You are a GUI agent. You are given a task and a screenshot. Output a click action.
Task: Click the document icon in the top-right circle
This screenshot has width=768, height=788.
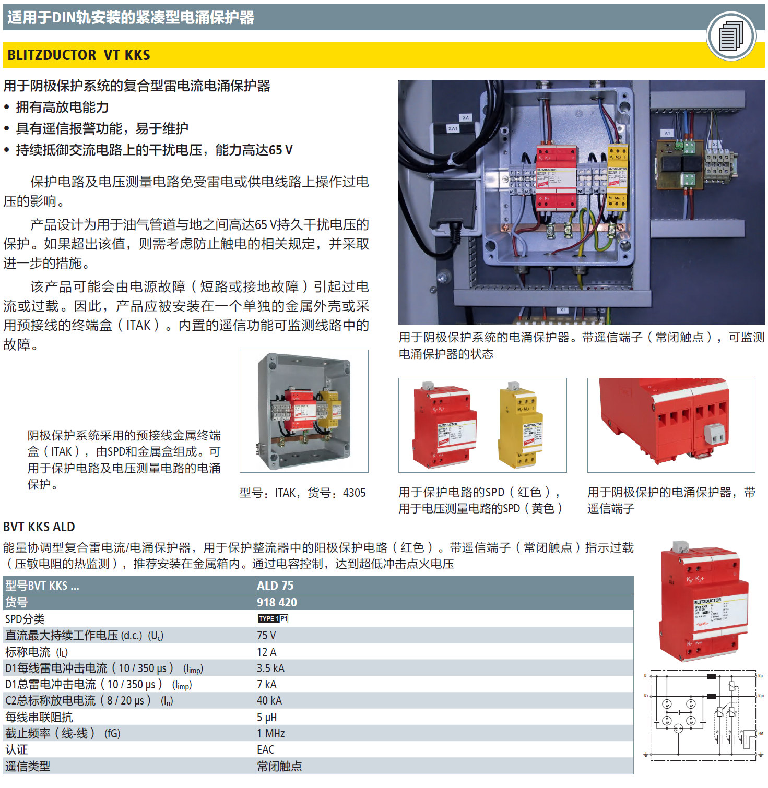click(731, 36)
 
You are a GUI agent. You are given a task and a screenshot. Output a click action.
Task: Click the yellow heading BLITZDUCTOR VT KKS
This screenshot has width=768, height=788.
click(79, 55)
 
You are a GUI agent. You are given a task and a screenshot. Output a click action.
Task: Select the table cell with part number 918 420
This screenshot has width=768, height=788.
click(277, 602)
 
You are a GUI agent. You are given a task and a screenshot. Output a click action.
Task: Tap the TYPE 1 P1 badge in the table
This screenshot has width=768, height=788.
click(273, 618)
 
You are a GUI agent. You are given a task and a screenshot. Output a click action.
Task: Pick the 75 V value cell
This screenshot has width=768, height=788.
click(266, 635)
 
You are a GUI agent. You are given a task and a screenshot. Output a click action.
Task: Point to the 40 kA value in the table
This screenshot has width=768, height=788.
click(269, 700)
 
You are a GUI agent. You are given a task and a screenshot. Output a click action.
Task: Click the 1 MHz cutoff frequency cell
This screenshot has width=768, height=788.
click(271, 733)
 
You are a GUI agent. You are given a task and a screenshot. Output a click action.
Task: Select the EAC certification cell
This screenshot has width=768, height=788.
click(266, 749)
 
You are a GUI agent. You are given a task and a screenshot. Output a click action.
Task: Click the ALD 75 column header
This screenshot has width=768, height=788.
click(275, 586)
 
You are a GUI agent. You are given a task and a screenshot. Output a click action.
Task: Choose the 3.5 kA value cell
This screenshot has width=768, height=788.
click(270, 668)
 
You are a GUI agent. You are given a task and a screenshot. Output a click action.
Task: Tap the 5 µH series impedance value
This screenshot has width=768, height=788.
click(267, 717)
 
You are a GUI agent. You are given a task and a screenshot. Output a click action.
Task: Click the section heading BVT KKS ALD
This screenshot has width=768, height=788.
click(39, 527)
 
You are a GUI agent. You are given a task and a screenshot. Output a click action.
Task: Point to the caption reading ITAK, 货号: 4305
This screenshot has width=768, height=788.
click(302, 493)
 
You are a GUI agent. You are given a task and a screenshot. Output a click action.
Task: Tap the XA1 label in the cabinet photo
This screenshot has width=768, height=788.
click(453, 128)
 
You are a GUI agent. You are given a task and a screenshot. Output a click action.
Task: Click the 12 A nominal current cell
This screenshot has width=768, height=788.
click(266, 652)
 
